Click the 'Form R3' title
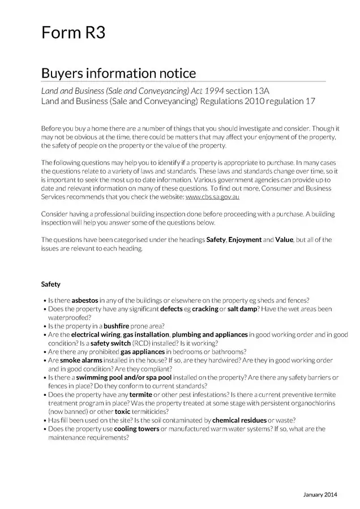(73, 33)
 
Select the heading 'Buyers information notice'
(118, 74)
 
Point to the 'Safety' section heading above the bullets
(50, 284)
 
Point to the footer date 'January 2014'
(320, 495)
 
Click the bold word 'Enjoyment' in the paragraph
(245, 240)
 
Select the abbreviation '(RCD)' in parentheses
(141, 343)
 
